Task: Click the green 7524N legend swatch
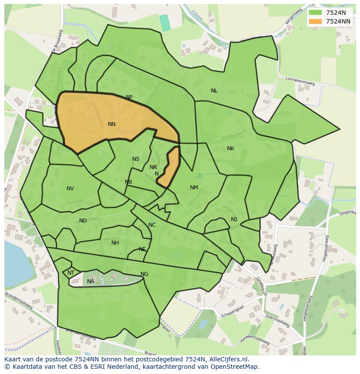[x=316, y=13]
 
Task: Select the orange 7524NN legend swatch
[x=316, y=21]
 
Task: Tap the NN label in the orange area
[x=112, y=124]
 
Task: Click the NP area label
[x=129, y=97]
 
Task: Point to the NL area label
[x=214, y=91]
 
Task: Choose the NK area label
[x=230, y=149]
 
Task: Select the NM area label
[x=194, y=188]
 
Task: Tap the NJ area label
[x=234, y=219]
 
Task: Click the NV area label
[x=70, y=189]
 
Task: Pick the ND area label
[x=83, y=221]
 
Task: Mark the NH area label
[x=115, y=243]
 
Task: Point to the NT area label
[x=71, y=273]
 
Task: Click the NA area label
[x=90, y=281]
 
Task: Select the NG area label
[x=144, y=274]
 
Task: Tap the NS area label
[x=136, y=159]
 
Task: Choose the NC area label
[x=152, y=225]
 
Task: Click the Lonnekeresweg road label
[x=300, y=81]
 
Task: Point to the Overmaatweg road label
[x=277, y=321]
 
